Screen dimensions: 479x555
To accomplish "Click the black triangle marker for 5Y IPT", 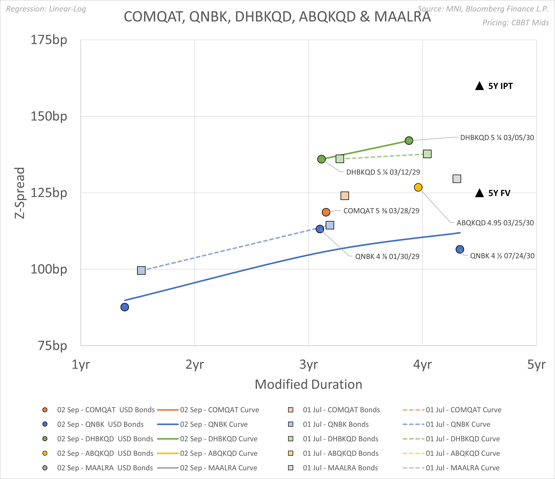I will click(x=479, y=86).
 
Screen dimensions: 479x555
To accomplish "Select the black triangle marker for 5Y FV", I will click(x=479, y=193).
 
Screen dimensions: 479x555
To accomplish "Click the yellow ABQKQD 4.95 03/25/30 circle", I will click(x=418, y=187).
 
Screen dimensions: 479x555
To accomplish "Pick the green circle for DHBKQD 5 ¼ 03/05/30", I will click(x=409, y=140).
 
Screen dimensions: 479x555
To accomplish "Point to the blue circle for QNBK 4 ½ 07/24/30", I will click(x=460, y=249).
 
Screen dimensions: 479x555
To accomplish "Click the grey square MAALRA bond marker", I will click(x=457, y=179).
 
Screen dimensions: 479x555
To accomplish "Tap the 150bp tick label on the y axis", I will click(x=49, y=116).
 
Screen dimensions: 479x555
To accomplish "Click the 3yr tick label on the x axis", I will click(x=309, y=365).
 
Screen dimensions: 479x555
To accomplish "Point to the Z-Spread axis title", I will click(x=20, y=193).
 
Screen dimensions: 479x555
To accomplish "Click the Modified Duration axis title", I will click(x=308, y=384).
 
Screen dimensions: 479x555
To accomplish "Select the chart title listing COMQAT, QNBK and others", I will click(x=277, y=17).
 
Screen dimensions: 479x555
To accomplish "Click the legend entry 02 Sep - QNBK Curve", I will click(x=214, y=424).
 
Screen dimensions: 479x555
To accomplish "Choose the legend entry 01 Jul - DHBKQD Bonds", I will click(x=340, y=439).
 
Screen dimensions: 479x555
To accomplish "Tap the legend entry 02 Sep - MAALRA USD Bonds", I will click(x=105, y=468).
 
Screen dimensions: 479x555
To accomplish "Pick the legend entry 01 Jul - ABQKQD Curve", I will click(x=463, y=453).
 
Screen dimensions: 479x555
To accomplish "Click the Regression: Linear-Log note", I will click(x=46, y=9).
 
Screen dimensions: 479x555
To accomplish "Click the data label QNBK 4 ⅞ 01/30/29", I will click(x=387, y=256).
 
